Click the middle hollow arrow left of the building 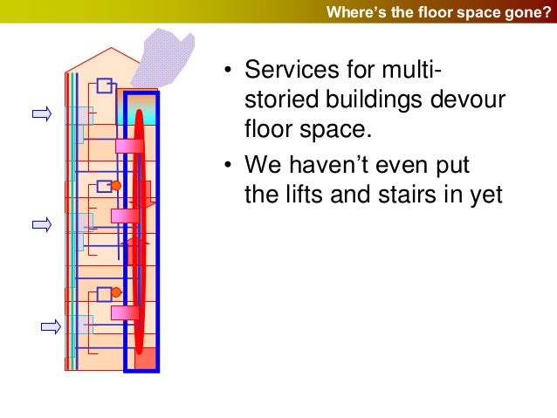42,224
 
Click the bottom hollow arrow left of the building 52,326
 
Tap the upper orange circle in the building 115,186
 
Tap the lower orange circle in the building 115,293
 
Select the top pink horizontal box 128,146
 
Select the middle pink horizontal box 125,215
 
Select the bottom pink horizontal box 125,312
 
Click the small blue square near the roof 105,86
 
